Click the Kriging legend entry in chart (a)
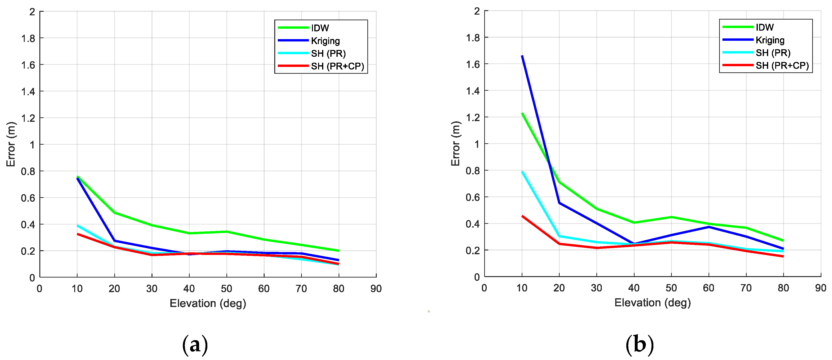(325, 41)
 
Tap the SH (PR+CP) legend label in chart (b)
(782, 65)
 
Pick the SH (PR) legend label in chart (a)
(328, 53)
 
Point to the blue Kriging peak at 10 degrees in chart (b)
(522, 56)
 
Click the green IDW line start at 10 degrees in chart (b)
(522, 113)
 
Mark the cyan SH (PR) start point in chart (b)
(522, 172)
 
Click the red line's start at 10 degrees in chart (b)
(522, 216)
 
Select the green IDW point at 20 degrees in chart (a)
(115, 213)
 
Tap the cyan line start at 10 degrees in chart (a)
(78, 225)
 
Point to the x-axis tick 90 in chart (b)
(820, 288)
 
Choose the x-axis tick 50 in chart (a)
(226, 289)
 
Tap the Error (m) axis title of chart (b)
(455, 144)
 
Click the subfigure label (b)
(639, 344)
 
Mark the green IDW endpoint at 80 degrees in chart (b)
(783, 241)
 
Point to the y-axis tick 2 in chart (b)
(477, 11)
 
